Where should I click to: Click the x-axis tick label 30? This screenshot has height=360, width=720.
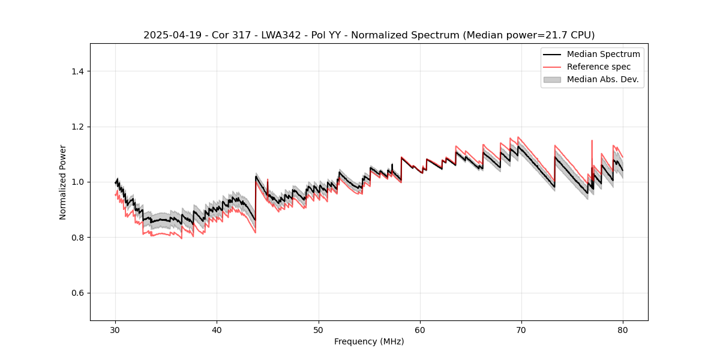click(x=115, y=329)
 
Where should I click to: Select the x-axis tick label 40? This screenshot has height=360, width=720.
click(x=217, y=329)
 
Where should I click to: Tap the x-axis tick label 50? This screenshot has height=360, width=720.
click(x=319, y=329)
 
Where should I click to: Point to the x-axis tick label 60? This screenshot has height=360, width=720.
click(x=420, y=329)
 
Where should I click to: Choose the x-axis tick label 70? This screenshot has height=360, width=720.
click(x=521, y=329)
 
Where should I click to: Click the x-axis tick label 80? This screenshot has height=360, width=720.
click(x=623, y=329)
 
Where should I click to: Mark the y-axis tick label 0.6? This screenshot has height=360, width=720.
click(x=77, y=293)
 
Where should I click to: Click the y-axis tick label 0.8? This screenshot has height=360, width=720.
click(x=77, y=238)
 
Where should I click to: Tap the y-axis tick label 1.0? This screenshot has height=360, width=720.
click(x=77, y=182)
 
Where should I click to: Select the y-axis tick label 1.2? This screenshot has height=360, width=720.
click(x=77, y=127)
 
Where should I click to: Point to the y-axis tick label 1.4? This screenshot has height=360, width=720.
click(x=77, y=71)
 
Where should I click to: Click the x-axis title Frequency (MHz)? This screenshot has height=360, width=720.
click(x=369, y=341)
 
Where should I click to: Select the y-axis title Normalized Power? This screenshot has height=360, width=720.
click(x=63, y=182)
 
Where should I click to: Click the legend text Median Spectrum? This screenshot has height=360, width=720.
click(x=603, y=54)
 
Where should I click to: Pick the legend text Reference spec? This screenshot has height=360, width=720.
click(x=599, y=67)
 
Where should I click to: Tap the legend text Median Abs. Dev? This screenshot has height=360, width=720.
click(x=602, y=79)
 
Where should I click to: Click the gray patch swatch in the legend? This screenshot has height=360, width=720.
click(x=552, y=79)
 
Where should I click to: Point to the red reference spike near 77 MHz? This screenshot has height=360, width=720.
click(x=592, y=142)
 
